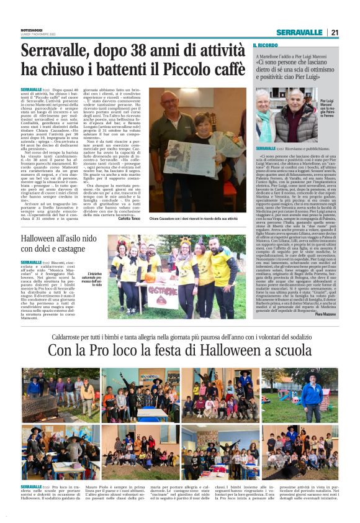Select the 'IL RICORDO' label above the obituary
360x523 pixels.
coord(265,45)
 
